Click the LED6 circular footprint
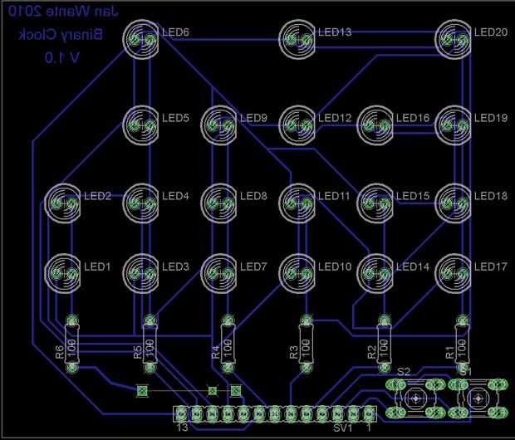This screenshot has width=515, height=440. (141, 39)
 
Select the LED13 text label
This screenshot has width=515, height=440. (335, 32)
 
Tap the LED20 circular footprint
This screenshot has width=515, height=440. (455, 39)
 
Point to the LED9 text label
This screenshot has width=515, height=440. (253, 117)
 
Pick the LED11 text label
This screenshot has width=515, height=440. (335, 196)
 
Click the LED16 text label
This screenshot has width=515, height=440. (413, 117)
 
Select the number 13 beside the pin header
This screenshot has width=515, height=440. (184, 428)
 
